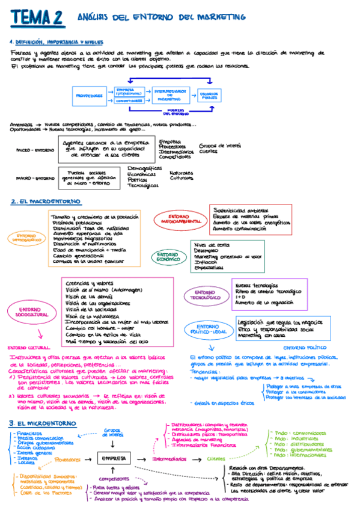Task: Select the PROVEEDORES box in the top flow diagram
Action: tap(90, 95)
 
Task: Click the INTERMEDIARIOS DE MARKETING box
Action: tap(172, 95)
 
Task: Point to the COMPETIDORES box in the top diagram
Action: tap(129, 101)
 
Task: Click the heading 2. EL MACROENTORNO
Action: tap(45, 201)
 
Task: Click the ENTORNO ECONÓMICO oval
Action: tap(168, 257)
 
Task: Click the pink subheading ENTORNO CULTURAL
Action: tap(28, 348)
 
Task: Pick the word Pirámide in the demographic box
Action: tap(64, 222)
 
